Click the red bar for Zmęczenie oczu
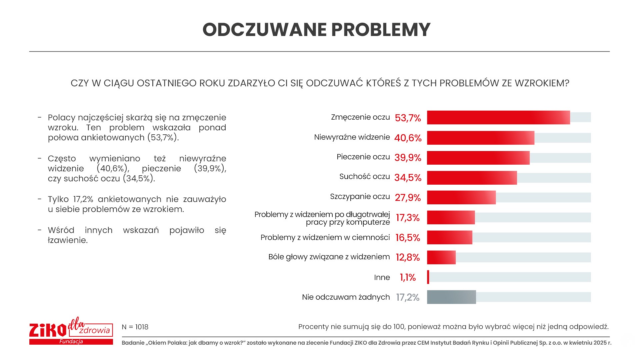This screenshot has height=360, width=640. tap(498, 118)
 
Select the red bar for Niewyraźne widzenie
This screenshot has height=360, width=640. tap(480, 138)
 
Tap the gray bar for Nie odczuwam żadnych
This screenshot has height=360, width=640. tap(451, 297)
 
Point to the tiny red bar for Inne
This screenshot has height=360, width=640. tap(428, 277)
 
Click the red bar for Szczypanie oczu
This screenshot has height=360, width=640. tap(461, 197)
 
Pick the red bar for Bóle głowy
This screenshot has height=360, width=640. tap(441, 257)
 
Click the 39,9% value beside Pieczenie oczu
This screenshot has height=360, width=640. tap(408, 158)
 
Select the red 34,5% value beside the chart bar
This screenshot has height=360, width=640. tap(408, 178)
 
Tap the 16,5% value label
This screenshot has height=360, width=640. tap(408, 238)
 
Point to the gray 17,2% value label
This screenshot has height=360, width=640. tap(408, 297)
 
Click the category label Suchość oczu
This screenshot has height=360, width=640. tap(364, 177)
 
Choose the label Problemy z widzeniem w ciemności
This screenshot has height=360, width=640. tap(325, 237)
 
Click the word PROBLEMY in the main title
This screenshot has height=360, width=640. tap(381, 30)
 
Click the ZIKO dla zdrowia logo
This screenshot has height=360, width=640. tap(71, 330)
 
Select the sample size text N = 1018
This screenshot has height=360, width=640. tap(135, 327)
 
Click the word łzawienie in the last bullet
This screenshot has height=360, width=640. tap(68, 240)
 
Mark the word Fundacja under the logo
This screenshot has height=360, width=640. tap(71, 342)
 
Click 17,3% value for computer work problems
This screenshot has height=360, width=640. tap(408, 218)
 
